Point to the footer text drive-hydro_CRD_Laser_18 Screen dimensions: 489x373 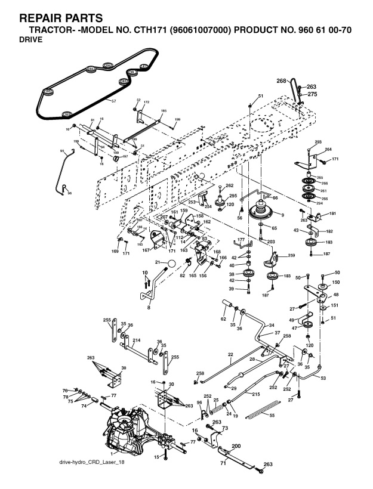click(x=91, y=463)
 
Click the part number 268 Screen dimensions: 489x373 click(x=282, y=81)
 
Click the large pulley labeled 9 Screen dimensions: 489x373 click(x=261, y=212)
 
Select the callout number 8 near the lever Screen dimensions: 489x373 click(x=149, y=307)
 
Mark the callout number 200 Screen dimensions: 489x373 click(x=236, y=446)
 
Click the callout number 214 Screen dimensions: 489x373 click(x=136, y=340)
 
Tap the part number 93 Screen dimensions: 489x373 click(x=61, y=152)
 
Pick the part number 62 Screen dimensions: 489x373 click(x=224, y=319)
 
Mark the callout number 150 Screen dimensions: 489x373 click(x=335, y=281)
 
